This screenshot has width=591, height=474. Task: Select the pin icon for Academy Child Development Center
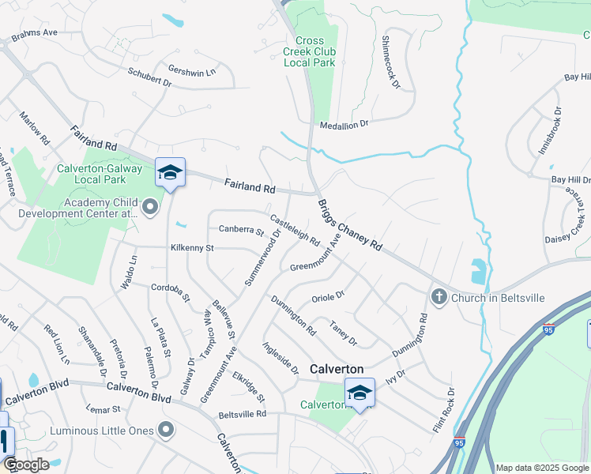(151, 207)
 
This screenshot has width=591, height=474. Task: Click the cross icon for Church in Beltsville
(439, 297)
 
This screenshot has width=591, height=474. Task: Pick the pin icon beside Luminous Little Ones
(166, 431)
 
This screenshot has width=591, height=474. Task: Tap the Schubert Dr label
(149, 77)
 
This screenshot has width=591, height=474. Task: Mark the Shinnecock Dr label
(391, 62)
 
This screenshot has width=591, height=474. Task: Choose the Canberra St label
(241, 231)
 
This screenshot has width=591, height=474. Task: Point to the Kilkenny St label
(192, 248)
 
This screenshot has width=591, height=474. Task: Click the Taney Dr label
(344, 333)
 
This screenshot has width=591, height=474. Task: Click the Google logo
(25, 465)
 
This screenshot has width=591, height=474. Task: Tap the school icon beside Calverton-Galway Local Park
(170, 171)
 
